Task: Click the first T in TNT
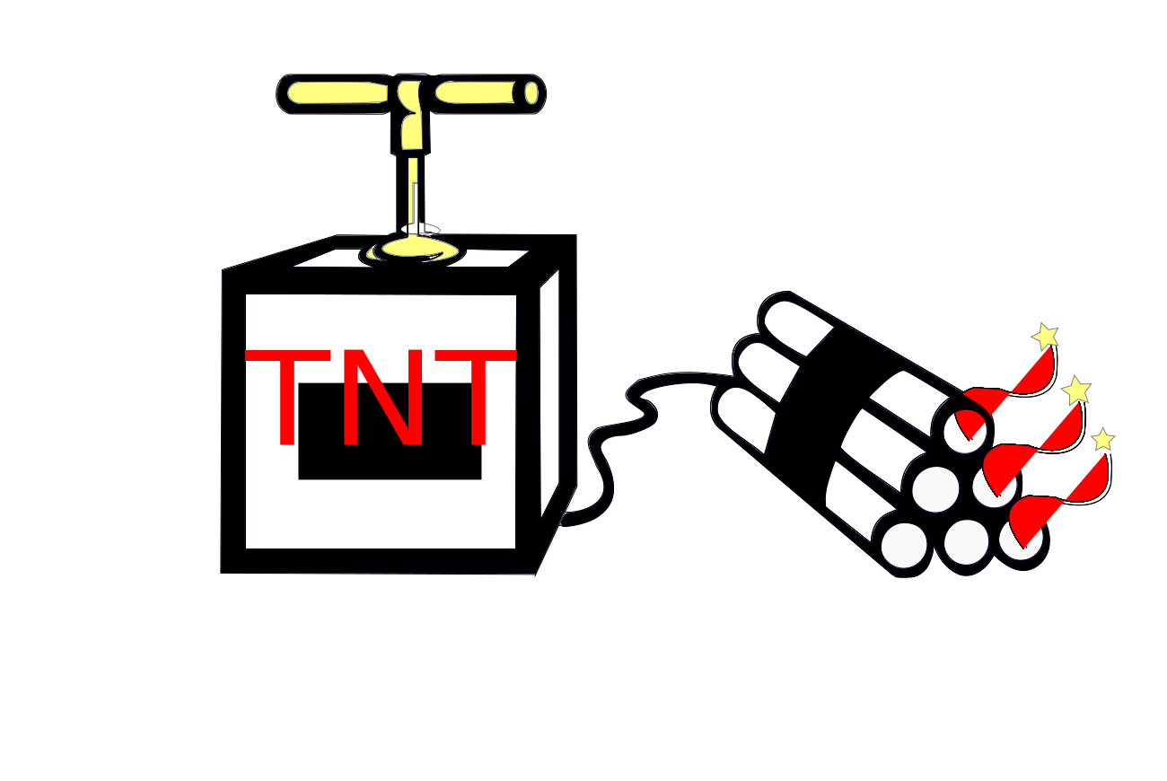pos(287,395)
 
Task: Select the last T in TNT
pos(476,395)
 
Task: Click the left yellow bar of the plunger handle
pos(338,92)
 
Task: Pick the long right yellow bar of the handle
pos(475,92)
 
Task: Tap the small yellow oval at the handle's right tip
pos(531,92)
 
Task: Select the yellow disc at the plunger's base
pos(415,249)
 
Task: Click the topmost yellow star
pos(1045,337)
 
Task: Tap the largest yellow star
pos(1076,390)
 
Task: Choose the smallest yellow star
pos(1102,440)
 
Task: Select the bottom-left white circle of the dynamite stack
pos(904,545)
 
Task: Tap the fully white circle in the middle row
pos(935,489)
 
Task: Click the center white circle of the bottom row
pos(967,542)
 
